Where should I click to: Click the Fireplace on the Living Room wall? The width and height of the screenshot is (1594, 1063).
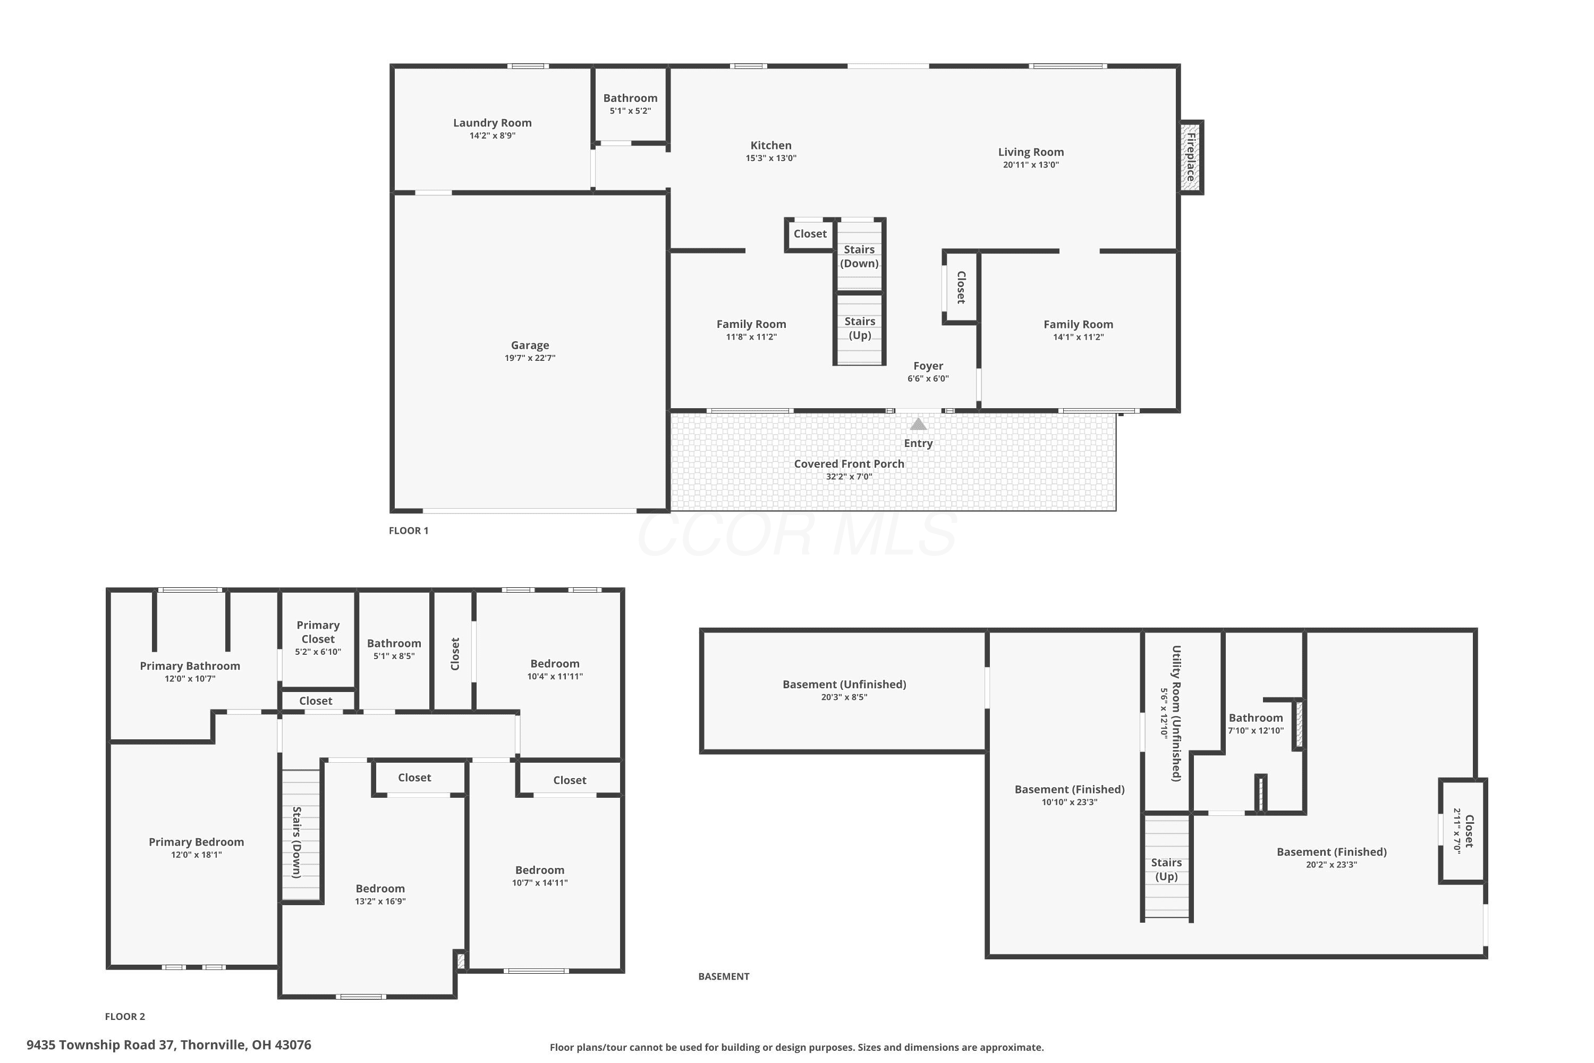[x=1191, y=157]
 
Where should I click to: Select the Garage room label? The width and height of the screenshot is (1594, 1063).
[x=530, y=345]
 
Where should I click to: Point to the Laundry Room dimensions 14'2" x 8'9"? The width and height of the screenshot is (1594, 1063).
[x=493, y=136]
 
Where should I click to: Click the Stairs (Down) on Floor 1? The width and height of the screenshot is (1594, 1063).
[x=859, y=256]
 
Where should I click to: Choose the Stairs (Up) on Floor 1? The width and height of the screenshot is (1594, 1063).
[x=859, y=329]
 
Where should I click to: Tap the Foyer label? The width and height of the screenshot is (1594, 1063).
[x=928, y=366]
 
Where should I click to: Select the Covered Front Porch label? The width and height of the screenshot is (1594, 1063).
[x=849, y=463]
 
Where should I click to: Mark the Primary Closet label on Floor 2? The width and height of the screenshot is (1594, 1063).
[x=318, y=632]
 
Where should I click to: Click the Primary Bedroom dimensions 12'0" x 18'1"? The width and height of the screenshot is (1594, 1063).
[x=197, y=855]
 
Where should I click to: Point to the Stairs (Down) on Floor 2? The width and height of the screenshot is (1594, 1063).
[x=301, y=835]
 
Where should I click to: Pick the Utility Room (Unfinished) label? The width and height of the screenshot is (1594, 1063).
[x=1177, y=713]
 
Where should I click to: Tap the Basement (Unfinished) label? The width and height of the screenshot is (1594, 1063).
[x=844, y=684]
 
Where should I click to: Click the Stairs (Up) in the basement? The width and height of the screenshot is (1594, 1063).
[x=1166, y=868]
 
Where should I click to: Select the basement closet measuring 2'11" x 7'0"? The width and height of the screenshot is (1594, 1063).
[x=1463, y=831]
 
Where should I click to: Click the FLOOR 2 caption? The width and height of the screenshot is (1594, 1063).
[x=125, y=1016]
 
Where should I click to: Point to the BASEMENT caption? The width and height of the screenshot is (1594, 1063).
[x=724, y=976]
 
